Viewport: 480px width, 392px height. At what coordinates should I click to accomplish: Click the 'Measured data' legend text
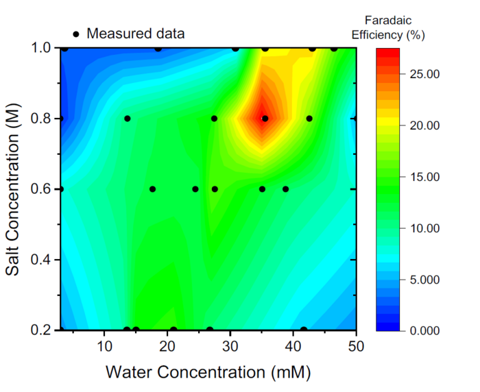click(x=136, y=33)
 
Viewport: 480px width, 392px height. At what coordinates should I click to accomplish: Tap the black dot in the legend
click(x=76, y=33)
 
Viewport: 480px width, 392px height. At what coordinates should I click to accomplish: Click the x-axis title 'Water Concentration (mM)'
click(x=208, y=372)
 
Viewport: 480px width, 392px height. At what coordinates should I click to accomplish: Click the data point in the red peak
click(x=265, y=119)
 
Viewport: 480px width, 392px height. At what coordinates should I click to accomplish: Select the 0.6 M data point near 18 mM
click(x=152, y=189)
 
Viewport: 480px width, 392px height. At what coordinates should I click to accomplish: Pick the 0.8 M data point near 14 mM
click(x=127, y=119)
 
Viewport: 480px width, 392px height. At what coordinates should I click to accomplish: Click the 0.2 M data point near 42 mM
click(x=304, y=330)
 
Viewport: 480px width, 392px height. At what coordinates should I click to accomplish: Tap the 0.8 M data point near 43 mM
click(x=309, y=119)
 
